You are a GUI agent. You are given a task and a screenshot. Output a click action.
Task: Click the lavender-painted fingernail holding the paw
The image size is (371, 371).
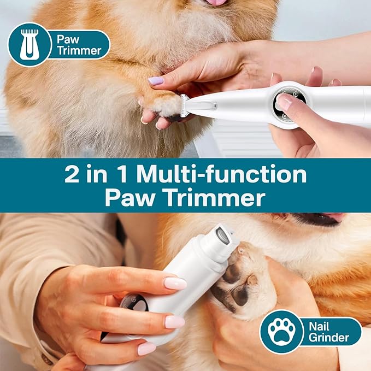tap(155, 81)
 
